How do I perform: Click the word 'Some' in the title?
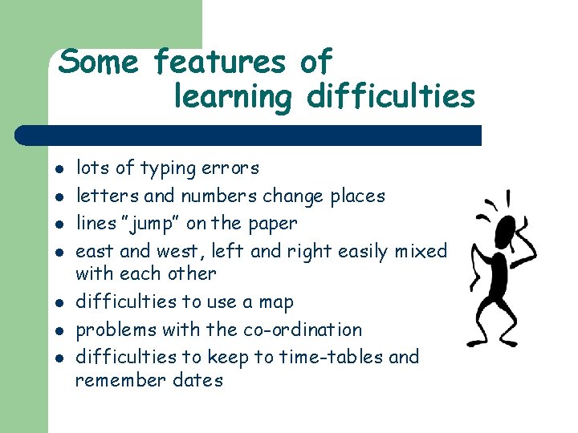[98, 62]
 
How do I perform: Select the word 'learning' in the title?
[233, 98]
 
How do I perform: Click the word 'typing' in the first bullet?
[169, 169]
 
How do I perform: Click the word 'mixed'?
[421, 252]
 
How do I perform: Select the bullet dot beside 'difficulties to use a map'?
[60, 303]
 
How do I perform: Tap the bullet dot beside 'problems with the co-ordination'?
[60, 330]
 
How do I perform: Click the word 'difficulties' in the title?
[391, 98]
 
